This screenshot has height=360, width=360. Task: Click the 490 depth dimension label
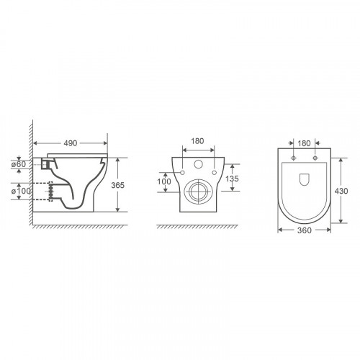point(71,143)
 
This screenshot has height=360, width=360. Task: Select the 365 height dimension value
point(118,185)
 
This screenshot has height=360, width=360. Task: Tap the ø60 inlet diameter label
point(19,164)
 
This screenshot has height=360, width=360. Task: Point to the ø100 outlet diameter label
point(21,192)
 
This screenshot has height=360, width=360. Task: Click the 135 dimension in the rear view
point(232,179)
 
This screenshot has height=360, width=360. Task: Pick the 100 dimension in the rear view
point(164,181)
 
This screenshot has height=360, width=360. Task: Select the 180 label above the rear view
point(197,141)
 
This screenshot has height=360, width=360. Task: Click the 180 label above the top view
point(304,143)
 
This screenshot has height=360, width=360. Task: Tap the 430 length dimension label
point(341,191)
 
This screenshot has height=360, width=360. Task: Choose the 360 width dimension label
point(305,230)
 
